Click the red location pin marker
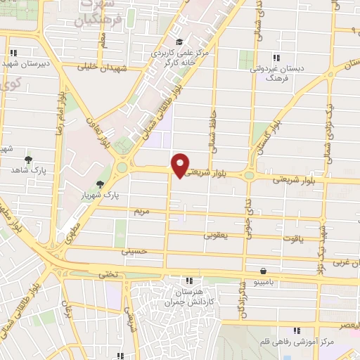(181, 165)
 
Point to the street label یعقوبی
(217, 236)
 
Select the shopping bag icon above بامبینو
(263, 271)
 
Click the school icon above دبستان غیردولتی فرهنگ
(276, 58)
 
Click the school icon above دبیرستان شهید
(15, 51)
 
